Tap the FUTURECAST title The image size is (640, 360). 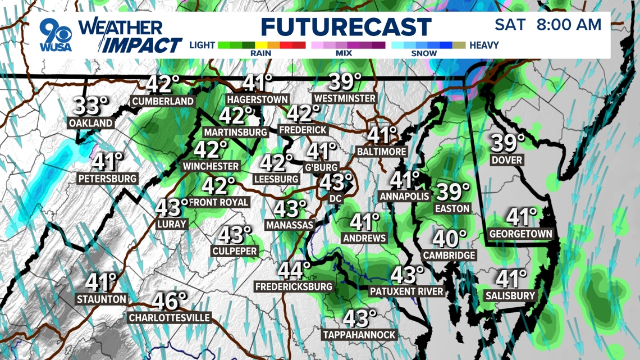[346, 27]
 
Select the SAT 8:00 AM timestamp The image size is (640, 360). [547, 25]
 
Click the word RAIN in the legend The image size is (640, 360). [261, 53]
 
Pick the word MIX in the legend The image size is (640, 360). [343, 53]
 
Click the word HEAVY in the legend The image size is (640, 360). [484, 45]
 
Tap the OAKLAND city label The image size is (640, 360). [90, 122]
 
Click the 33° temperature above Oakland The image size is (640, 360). [91, 106]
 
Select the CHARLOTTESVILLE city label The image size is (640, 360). [169, 318]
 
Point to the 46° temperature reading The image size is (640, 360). [170, 301]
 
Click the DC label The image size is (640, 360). [335, 198]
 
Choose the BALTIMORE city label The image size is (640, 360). [381, 152]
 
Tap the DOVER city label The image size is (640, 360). [506, 160]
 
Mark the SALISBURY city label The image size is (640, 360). [510, 295]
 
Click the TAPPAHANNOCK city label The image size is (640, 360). [359, 335]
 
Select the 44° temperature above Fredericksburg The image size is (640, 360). [294, 270]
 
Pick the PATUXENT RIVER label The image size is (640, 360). [406, 291]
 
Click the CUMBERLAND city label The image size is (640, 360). [163, 101]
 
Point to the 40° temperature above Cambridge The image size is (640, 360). [449, 239]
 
